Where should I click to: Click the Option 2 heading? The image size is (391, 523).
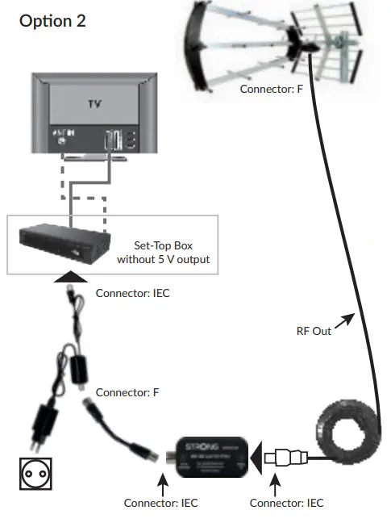52,21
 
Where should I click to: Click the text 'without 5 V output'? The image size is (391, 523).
162,259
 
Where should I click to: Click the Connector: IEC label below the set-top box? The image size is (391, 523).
133,293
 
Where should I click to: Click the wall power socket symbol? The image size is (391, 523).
35,473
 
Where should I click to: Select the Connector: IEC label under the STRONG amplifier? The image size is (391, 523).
160,503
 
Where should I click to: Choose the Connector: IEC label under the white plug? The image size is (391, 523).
287,503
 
